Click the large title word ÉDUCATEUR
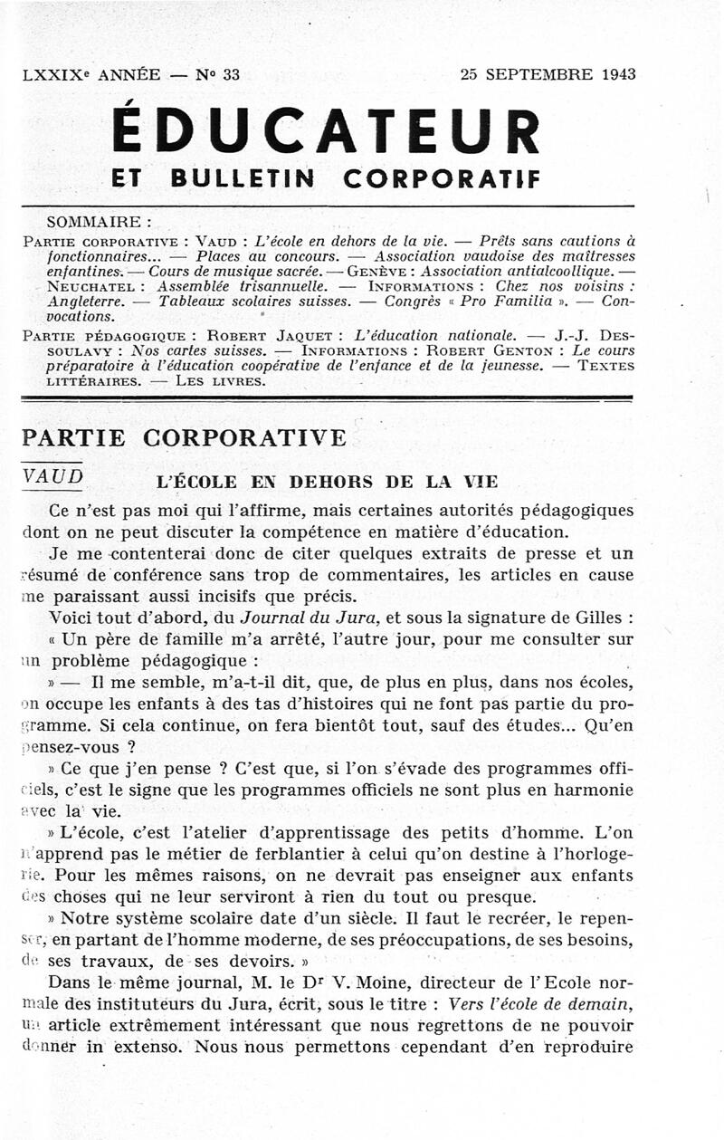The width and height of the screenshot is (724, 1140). [x=326, y=130]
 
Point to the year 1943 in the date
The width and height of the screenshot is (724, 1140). [x=616, y=75]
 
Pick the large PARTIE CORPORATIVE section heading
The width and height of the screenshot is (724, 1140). [x=184, y=438]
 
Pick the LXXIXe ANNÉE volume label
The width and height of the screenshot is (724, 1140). [x=90, y=75]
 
